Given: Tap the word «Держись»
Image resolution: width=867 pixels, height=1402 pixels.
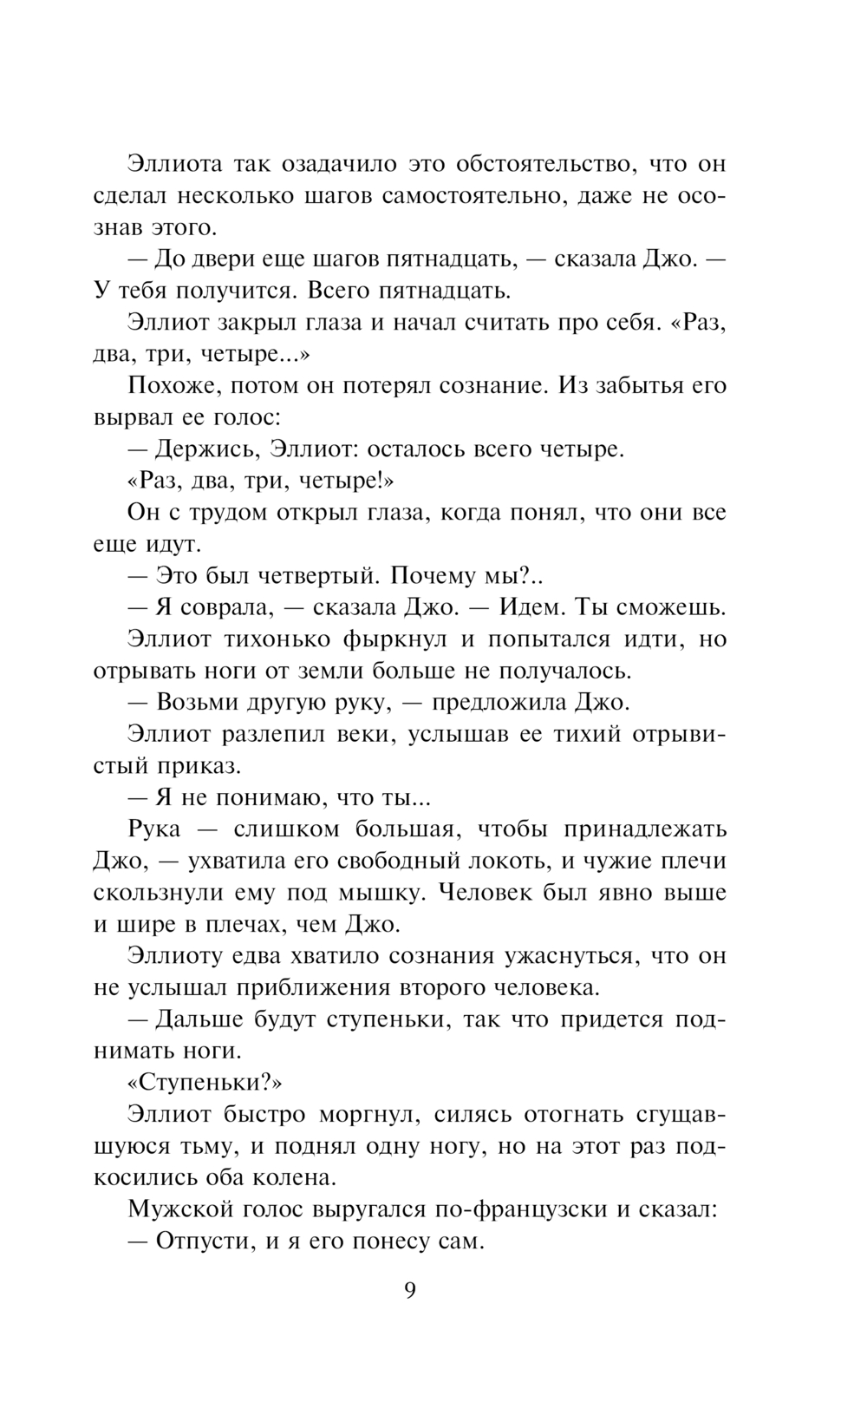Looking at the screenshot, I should pos(205,449).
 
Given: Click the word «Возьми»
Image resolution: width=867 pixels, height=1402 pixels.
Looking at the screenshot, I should pos(200,703).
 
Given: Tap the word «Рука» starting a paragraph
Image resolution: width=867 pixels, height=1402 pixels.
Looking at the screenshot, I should pos(154,829).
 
